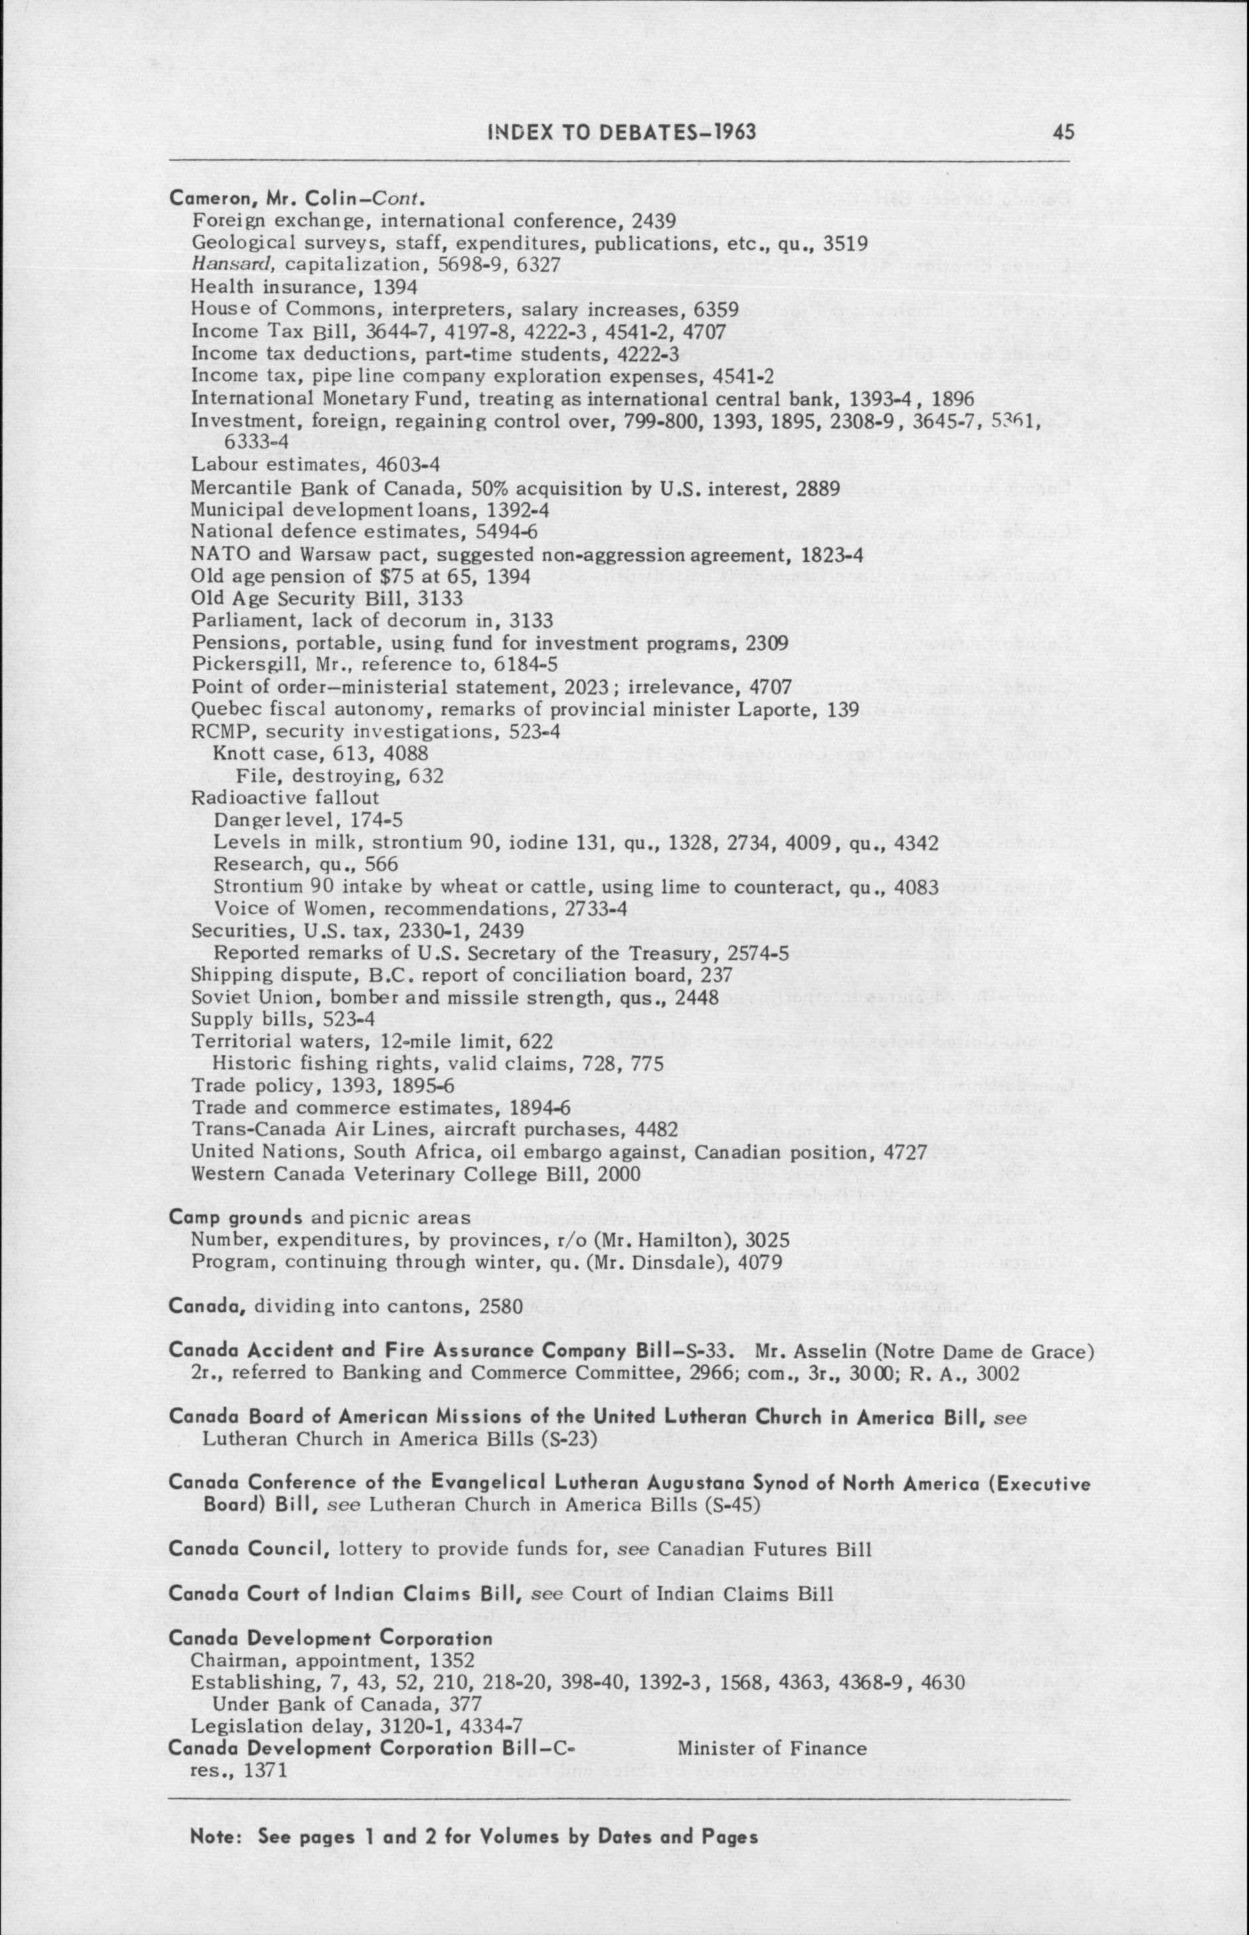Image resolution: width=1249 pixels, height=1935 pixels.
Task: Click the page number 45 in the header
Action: click(x=1065, y=132)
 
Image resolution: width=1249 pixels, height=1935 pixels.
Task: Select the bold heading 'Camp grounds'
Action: click(x=235, y=1217)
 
